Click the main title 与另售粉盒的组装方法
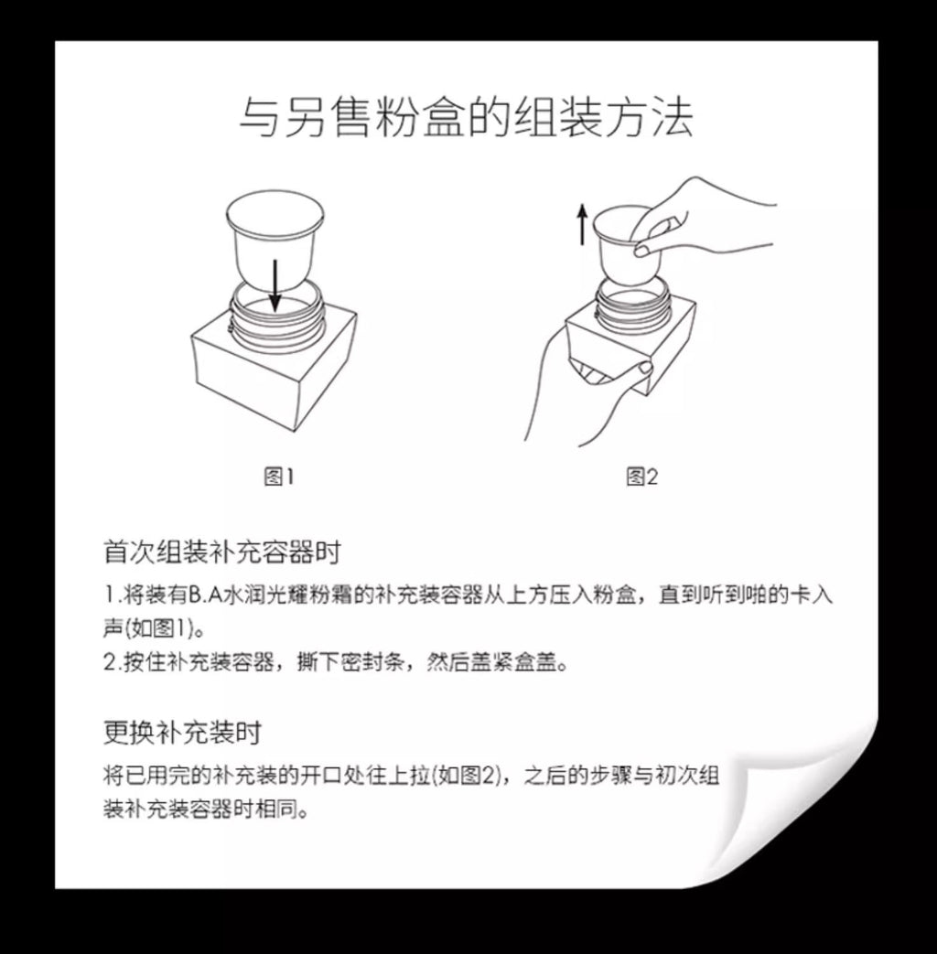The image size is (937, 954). (x=466, y=117)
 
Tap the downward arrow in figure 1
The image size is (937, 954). (x=275, y=285)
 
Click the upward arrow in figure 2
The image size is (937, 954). (x=583, y=224)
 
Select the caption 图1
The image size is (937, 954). (x=279, y=477)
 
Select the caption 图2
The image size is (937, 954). (x=641, y=477)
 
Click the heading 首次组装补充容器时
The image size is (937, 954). (x=222, y=552)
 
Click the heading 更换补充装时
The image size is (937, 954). (x=183, y=733)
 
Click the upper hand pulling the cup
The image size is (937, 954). (x=700, y=219)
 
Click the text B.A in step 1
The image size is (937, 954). (x=207, y=595)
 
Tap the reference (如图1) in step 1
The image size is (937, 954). (x=161, y=627)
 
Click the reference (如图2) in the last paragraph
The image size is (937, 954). (x=466, y=776)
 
